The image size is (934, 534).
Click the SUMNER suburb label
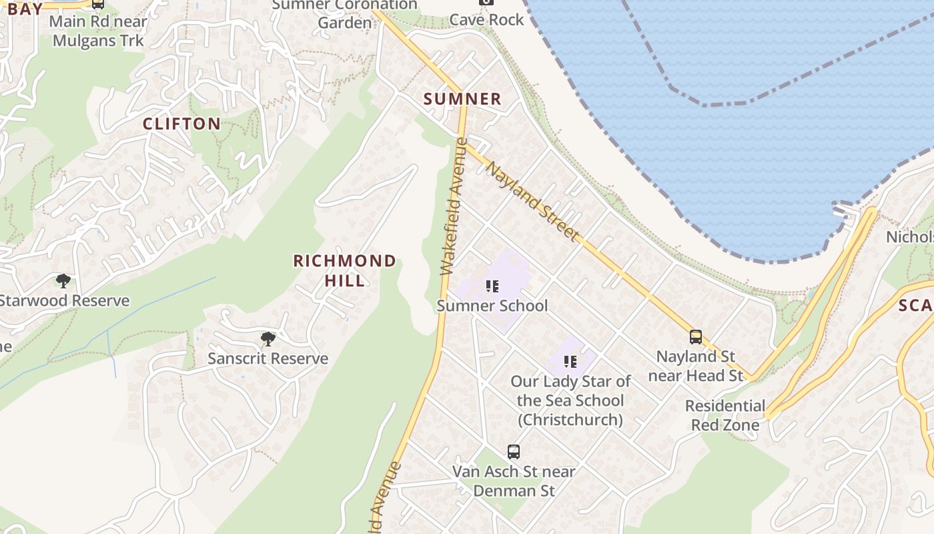[x=462, y=99]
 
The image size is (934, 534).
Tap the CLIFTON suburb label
[x=181, y=123]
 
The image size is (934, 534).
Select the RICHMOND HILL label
[x=345, y=270]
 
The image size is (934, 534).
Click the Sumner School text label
[x=492, y=306]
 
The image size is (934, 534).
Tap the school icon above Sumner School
[x=492, y=287]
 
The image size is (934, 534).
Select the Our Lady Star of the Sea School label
[x=570, y=400]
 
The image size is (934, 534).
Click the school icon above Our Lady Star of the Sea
[x=570, y=362]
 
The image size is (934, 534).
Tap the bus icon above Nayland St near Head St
[x=696, y=337]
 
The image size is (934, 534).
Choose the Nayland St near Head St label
[x=696, y=366]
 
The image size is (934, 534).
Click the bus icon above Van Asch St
[x=513, y=452]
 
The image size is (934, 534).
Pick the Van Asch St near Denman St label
[x=514, y=481]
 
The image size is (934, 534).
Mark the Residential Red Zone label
[x=725, y=415]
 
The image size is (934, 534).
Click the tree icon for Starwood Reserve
[x=63, y=281]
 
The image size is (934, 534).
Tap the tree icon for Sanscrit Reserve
[x=268, y=339]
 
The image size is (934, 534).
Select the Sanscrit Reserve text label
[x=268, y=358]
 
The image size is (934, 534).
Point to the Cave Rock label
[x=486, y=20]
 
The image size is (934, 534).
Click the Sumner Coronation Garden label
[x=345, y=13]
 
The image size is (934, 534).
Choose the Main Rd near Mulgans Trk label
[x=98, y=30]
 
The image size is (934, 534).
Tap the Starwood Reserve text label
[x=64, y=300]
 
